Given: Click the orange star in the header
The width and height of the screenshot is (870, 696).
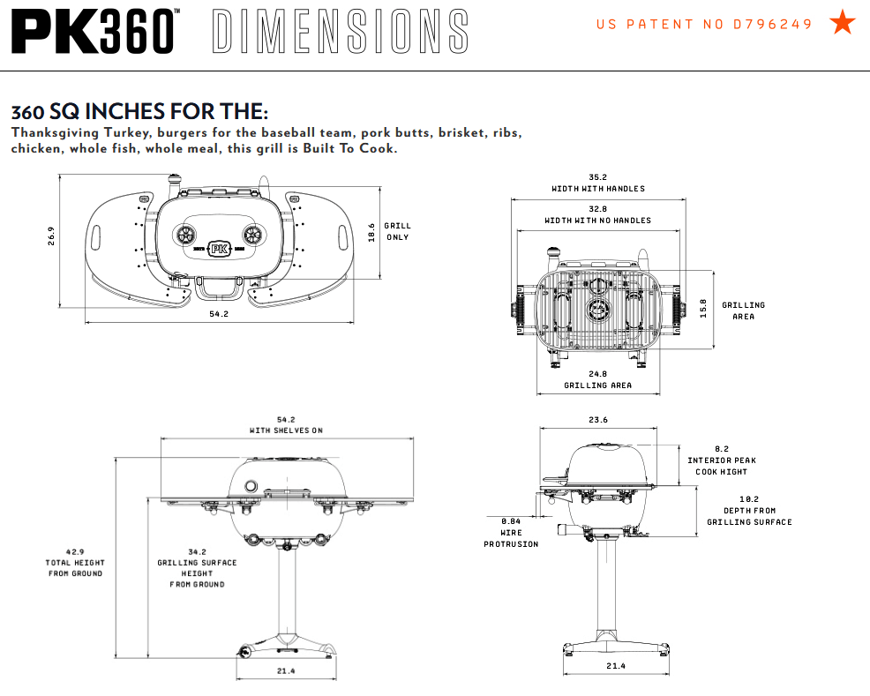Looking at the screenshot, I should tap(843, 24).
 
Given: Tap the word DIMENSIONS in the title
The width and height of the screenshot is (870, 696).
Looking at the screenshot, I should tap(341, 31).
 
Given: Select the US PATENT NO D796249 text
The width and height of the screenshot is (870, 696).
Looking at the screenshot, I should tap(704, 25).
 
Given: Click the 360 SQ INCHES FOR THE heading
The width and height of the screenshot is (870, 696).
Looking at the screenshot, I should tap(139, 113).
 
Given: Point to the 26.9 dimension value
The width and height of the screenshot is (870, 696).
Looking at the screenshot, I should tap(51, 236).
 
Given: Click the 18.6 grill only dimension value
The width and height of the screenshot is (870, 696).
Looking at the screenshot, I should tap(371, 232).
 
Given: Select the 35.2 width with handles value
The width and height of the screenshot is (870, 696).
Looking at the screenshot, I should tap(598, 176).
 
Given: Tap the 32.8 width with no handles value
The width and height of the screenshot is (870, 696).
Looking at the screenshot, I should tap(598, 208).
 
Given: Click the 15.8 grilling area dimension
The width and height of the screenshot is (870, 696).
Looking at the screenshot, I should tap(703, 310).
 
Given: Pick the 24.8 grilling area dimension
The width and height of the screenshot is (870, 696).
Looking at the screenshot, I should tap(598, 374).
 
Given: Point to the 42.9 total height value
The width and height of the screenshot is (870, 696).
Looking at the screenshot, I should tap(75, 551).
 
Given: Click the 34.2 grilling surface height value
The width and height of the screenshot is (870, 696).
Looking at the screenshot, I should tap(197, 551).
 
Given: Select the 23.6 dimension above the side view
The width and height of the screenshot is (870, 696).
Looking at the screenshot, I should tap(598, 420).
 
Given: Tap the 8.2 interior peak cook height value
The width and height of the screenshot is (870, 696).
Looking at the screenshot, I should tap(722, 448).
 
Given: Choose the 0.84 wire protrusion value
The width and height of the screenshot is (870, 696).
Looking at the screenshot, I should tap(510, 520).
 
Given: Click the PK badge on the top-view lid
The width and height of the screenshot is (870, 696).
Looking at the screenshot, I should tap(219, 250).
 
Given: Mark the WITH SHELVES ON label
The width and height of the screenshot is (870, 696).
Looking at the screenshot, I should tap(286, 430).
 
